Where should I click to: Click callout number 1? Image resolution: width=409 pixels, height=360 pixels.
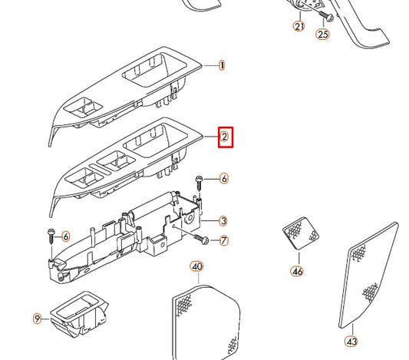(223, 66)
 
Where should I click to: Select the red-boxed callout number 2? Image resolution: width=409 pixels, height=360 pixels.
(224, 137)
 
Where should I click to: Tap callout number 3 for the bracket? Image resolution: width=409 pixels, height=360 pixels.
(223, 221)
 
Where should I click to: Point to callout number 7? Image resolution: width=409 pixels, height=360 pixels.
(224, 241)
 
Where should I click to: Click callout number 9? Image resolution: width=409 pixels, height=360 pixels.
(36, 318)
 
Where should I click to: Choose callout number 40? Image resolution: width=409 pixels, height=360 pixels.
(196, 267)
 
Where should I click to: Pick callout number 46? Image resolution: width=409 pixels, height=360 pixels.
(297, 271)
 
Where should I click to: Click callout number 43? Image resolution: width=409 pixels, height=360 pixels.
(351, 341)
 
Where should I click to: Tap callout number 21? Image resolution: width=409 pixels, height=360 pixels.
(299, 26)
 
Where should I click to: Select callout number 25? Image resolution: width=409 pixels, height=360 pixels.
(323, 34)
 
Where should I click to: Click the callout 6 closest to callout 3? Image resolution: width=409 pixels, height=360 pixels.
(224, 179)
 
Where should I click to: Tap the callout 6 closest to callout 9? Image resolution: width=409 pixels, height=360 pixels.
(66, 236)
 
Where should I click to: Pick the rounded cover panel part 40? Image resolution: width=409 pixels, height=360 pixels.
(203, 319)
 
